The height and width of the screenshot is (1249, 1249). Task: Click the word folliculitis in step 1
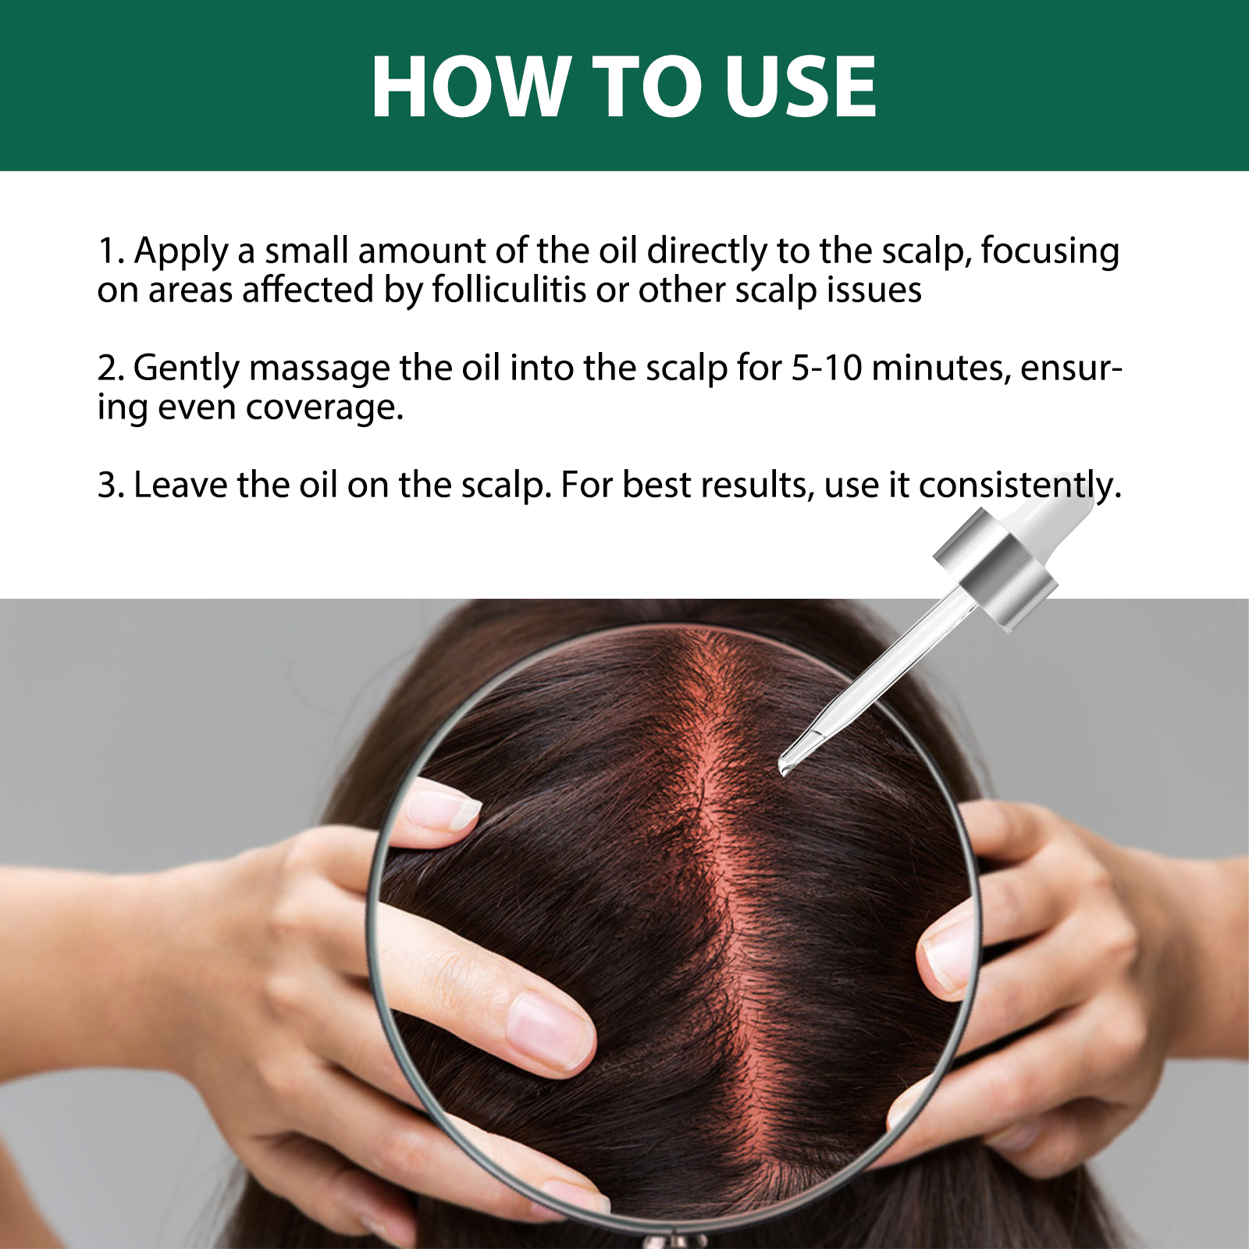coord(509,290)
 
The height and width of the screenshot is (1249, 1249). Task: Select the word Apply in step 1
coord(181,252)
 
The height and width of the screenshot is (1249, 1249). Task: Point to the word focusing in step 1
coord(1050,252)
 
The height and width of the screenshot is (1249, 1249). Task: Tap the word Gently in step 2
coord(186,369)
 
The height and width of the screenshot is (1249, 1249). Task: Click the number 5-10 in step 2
coord(826,368)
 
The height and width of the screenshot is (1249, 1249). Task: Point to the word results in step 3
coord(753,485)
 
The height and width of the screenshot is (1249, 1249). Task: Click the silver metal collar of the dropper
coord(995,569)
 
